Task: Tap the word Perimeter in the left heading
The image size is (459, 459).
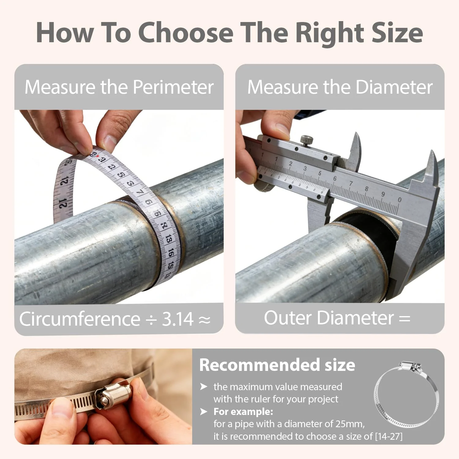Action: click(x=173, y=87)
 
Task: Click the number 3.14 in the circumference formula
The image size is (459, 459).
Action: click(x=177, y=319)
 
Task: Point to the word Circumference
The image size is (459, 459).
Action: click(x=80, y=319)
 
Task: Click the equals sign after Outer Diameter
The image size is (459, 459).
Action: click(x=405, y=319)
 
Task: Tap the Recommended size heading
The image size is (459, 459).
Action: click(x=277, y=365)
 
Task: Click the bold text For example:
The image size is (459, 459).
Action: click(x=243, y=412)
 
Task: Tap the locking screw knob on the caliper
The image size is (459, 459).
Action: click(x=306, y=140)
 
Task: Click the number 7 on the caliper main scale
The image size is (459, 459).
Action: click(x=351, y=183)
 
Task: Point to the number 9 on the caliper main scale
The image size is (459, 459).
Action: click(x=383, y=194)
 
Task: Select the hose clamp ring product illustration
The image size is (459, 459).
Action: click(x=406, y=395)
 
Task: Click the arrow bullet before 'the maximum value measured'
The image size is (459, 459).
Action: click(x=203, y=387)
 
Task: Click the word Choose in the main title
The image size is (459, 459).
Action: click(x=186, y=32)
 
